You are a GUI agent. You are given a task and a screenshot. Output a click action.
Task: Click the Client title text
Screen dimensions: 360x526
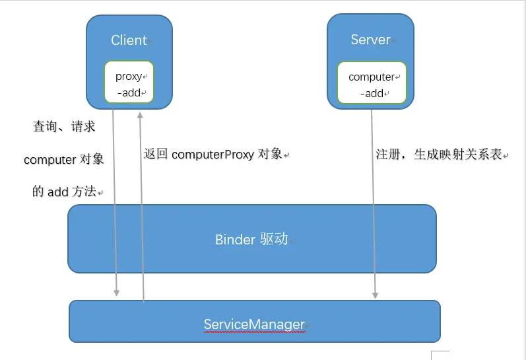click(129, 40)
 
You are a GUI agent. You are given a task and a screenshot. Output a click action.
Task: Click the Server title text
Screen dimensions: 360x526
click(370, 40)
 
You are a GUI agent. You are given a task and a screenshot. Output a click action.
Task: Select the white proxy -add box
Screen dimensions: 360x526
click(129, 83)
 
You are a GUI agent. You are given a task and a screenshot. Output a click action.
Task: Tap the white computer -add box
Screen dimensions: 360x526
click(372, 84)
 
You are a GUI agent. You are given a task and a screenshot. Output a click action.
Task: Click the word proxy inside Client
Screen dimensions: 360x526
click(129, 77)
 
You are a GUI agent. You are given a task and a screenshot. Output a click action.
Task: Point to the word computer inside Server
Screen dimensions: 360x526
click(371, 77)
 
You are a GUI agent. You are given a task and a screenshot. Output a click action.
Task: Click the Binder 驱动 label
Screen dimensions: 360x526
click(251, 239)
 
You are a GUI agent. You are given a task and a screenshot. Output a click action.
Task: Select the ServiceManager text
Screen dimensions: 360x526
click(254, 324)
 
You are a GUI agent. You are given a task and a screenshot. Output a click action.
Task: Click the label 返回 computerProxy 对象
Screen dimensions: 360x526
click(214, 154)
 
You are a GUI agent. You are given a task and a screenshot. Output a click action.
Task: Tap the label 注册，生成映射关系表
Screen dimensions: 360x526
click(439, 155)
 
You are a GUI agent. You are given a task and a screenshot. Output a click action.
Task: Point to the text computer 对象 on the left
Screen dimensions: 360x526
click(64, 160)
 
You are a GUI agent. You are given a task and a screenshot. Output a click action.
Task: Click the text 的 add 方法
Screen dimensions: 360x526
click(64, 192)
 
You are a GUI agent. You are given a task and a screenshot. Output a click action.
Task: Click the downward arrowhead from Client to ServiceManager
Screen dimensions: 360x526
click(117, 292)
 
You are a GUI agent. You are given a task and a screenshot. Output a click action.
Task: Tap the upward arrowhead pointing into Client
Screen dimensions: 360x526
click(139, 114)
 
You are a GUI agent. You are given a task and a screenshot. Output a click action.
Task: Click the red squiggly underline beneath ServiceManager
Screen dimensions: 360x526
click(254, 332)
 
